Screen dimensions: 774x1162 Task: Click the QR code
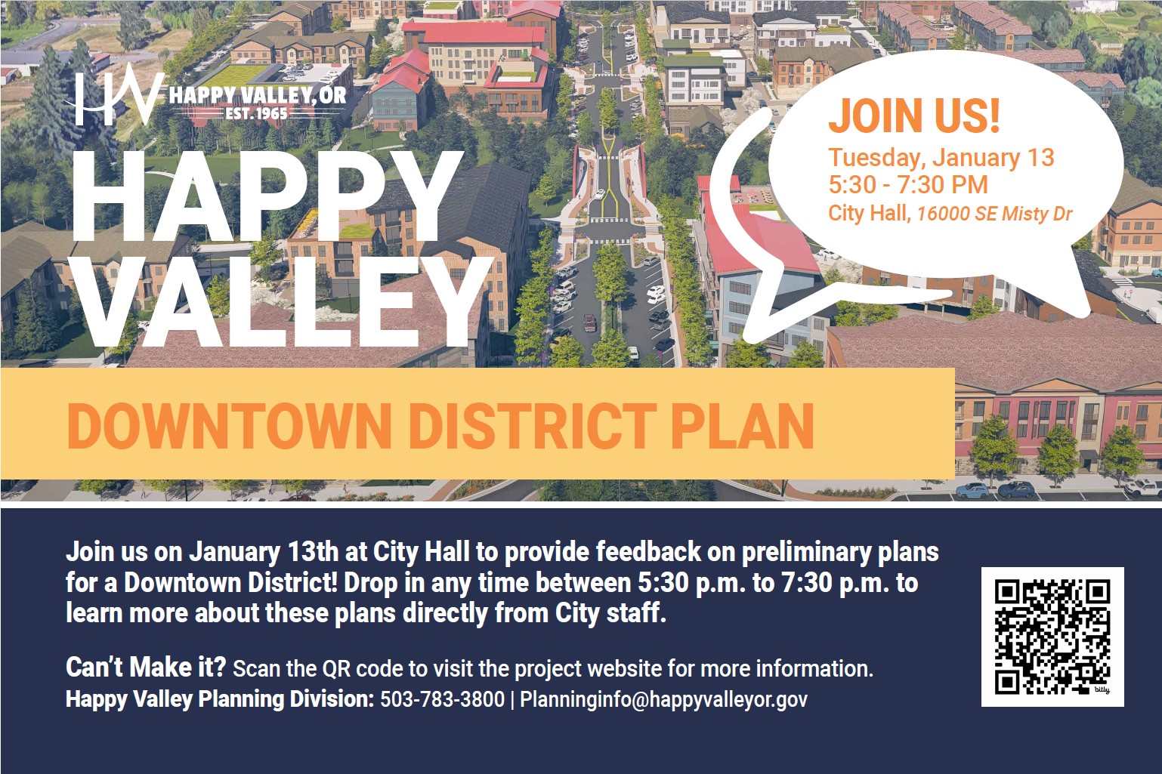[1052, 637]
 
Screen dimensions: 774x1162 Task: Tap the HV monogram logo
[119, 98]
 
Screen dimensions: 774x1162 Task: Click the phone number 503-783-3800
[442, 699]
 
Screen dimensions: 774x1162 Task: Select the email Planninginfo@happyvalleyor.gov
[663, 699]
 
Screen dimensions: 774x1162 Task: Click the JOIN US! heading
[914, 116]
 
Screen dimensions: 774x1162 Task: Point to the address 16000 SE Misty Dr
[994, 214]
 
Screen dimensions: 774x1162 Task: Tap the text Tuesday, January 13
[941, 158]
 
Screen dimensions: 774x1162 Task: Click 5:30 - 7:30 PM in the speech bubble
[907, 185]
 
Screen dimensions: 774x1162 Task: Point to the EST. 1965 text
[256, 113]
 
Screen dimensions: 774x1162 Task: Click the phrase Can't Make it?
[146, 668]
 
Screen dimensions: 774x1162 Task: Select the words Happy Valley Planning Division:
[220, 699]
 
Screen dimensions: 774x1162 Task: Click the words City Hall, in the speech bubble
[869, 214]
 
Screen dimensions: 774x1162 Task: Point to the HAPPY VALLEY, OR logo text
[257, 95]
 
